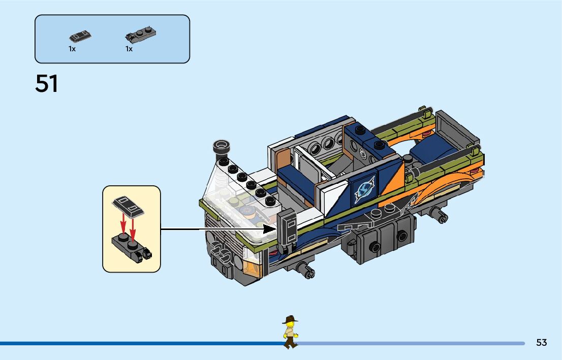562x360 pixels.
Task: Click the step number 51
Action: pyautogui.click(x=47, y=84)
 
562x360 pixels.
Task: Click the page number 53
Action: pyautogui.click(x=541, y=343)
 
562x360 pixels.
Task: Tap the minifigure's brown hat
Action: pyautogui.click(x=291, y=320)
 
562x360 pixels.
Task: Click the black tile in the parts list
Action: pyautogui.click(x=80, y=37)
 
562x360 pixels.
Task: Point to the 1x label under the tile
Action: pyautogui.click(x=72, y=49)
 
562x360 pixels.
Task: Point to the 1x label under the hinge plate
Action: pyautogui.click(x=129, y=49)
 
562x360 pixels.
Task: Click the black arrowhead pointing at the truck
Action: pyautogui.click(x=269, y=229)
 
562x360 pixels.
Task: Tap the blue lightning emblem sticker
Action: pyautogui.click(x=365, y=189)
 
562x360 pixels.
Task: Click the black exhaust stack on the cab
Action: pyautogui.click(x=222, y=149)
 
